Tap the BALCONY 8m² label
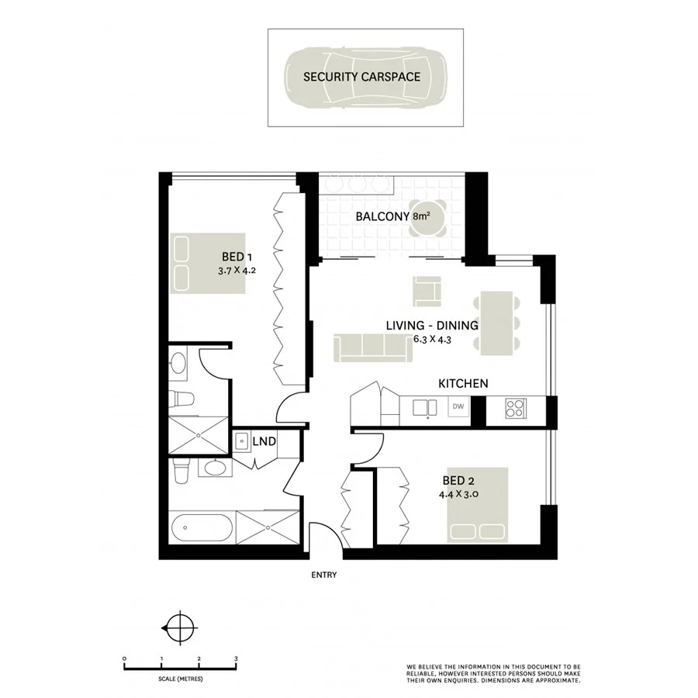tap(392, 217)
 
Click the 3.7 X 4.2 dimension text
tap(237, 271)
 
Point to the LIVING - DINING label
tap(431, 326)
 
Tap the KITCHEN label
tap(463, 383)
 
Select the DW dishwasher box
tap(458, 406)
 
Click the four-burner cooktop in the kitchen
tap(515, 407)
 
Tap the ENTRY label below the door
tap(323, 575)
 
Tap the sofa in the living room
tap(373, 347)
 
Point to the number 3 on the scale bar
tap(235, 658)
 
